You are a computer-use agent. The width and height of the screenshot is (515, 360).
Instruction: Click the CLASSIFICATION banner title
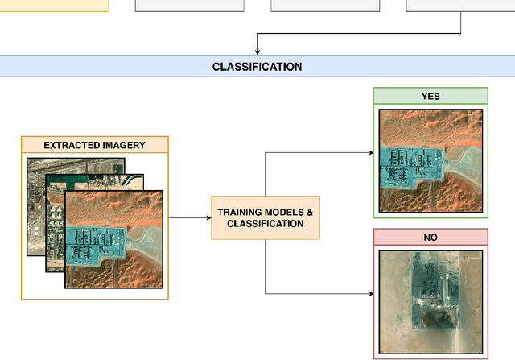point(257,67)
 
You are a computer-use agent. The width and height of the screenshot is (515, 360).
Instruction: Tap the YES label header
point(431,96)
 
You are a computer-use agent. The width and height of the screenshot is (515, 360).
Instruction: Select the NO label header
point(431,238)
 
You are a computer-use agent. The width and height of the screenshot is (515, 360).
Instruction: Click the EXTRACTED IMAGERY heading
point(95,146)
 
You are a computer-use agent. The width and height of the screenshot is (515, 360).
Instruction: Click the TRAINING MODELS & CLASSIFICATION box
point(265,217)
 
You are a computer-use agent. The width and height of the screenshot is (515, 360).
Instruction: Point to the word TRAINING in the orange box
point(238,212)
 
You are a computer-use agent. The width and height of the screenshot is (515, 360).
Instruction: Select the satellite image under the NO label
point(431,301)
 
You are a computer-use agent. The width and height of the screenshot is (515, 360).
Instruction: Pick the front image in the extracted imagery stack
point(114,239)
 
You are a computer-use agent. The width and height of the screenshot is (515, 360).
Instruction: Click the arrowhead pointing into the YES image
point(371,152)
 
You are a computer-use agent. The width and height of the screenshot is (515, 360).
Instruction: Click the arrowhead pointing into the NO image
point(371,294)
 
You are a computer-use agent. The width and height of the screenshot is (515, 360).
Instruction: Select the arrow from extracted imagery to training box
point(189,217)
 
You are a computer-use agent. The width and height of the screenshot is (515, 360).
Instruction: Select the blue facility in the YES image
point(414,165)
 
